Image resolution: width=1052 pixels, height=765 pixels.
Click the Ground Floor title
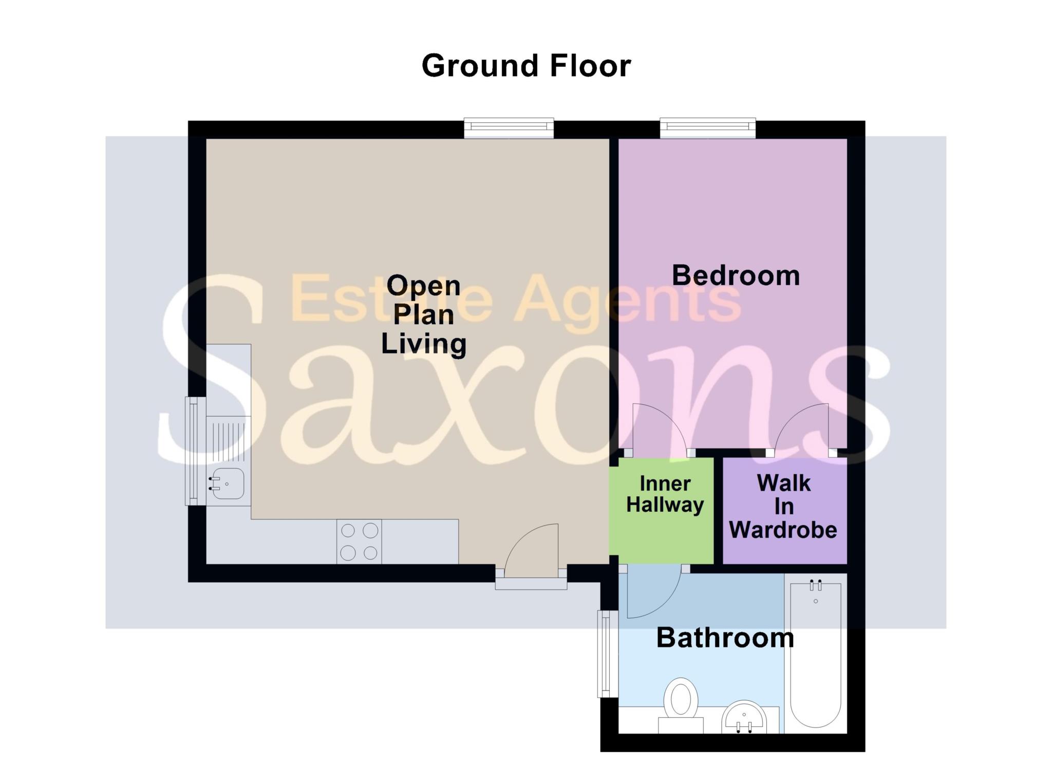526,66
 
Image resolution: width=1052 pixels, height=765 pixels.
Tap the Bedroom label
736,275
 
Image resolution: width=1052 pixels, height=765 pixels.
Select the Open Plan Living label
423,315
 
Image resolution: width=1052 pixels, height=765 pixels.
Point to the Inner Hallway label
665,494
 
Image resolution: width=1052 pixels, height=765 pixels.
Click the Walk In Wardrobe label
783,507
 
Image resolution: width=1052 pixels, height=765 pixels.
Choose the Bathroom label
725,638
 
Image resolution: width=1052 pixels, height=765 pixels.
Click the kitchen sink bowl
228,483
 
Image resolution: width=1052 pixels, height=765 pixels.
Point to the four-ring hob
359,542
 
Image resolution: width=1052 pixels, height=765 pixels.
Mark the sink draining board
229,440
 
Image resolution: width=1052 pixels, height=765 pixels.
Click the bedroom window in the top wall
708,128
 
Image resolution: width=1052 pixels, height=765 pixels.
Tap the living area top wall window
509,128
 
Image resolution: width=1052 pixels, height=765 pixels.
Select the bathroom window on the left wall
608,654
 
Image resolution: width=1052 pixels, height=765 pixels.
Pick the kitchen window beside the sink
195,451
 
